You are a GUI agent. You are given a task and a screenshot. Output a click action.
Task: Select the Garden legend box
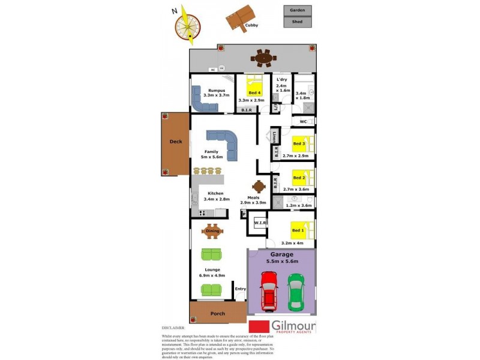click(x=298, y=10)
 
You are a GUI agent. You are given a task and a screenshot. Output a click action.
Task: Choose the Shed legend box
click(x=298, y=22)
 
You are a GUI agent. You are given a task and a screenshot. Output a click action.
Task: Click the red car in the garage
click(x=269, y=291)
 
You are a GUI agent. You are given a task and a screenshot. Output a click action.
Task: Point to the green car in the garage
click(x=296, y=292)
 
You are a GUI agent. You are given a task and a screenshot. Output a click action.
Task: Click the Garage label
click(x=281, y=254)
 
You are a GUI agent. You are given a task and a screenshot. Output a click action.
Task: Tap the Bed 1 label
click(x=298, y=230)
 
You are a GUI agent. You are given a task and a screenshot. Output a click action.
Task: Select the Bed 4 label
click(x=254, y=92)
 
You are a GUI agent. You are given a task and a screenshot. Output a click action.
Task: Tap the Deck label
click(x=175, y=142)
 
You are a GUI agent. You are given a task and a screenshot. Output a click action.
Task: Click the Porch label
click(x=217, y=314)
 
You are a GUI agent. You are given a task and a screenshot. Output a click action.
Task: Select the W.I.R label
click(x=260, y=223)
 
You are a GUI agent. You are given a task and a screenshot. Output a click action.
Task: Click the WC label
click(x=303, y=122)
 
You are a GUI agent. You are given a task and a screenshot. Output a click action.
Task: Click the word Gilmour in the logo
click(x=294, y=325)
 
